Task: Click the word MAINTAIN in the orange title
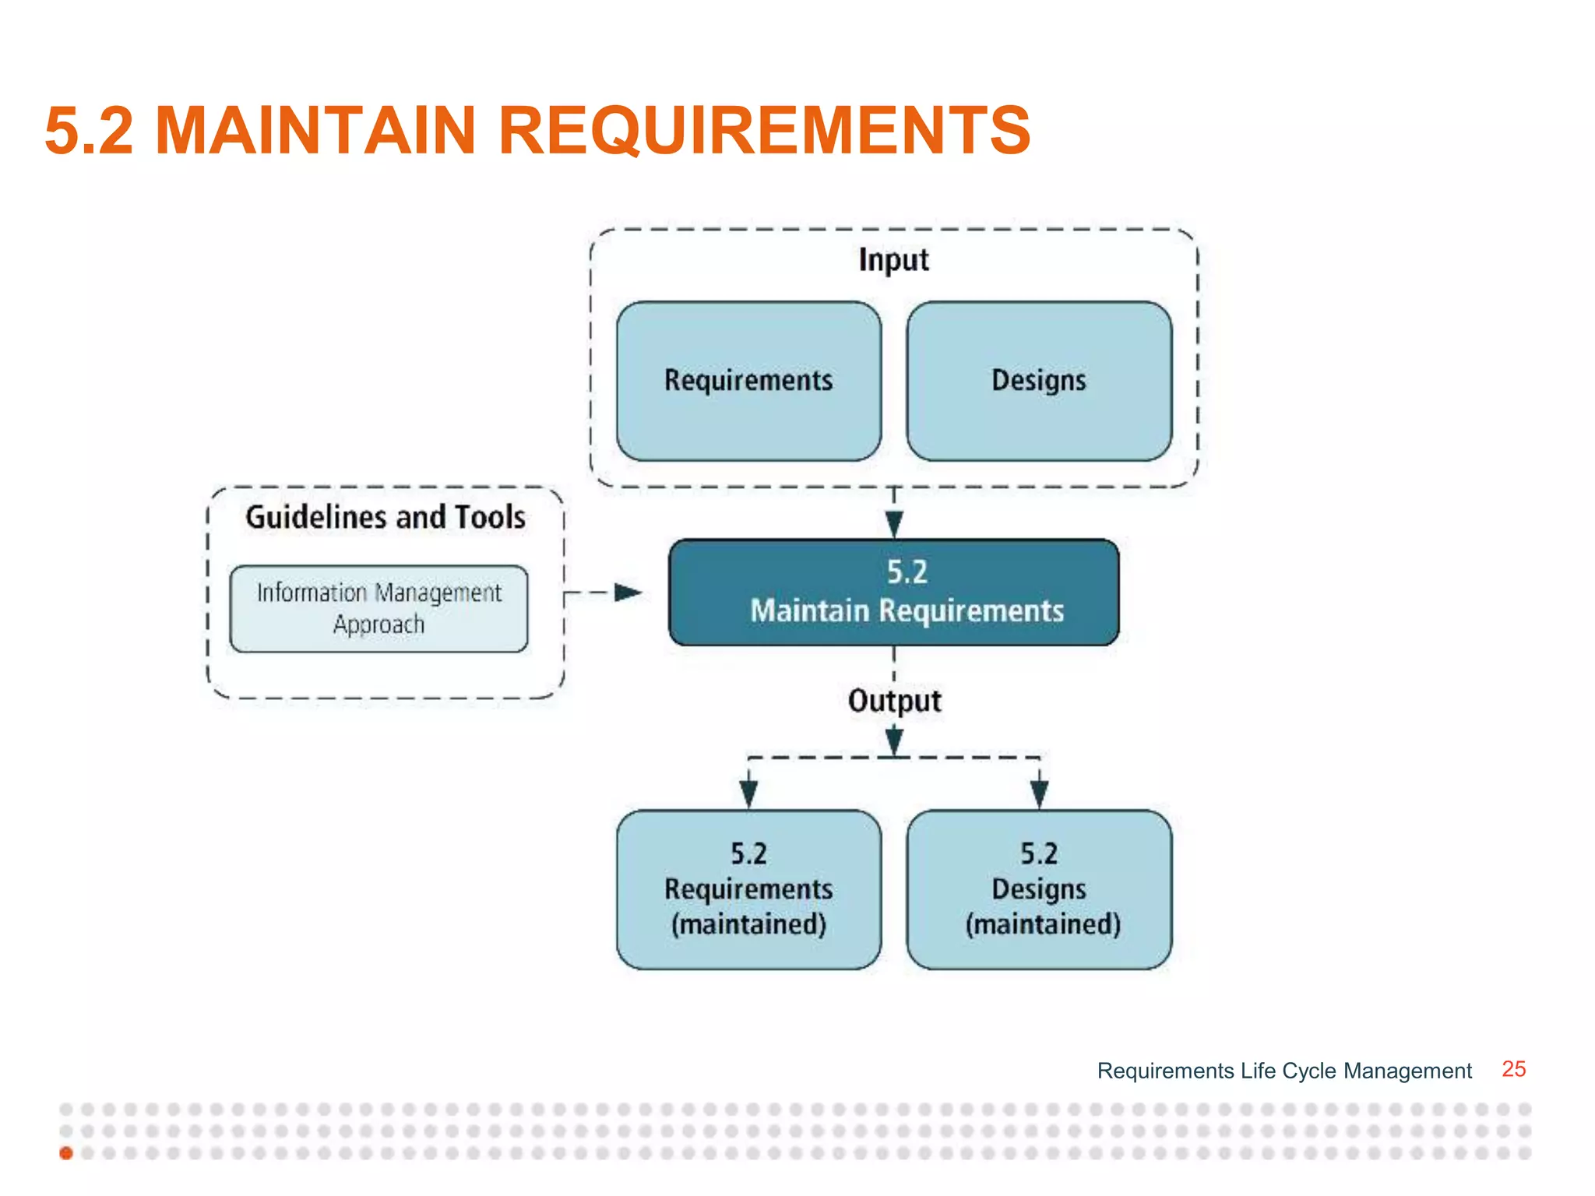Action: (x=315, y=130)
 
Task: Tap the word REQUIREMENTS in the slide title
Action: (x=764, y=130)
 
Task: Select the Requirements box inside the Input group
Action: (x=748, y=381)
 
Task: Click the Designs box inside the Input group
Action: (x=1039, y=381)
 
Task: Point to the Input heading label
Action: (x=893, y=260)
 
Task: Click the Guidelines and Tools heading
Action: (x=386, y=517)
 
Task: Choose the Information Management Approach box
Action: (x=379, y=608)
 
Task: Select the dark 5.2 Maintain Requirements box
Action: (x=893, y=592)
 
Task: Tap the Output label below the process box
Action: (x=894, y=701)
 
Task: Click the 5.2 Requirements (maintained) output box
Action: (x=748, y=889)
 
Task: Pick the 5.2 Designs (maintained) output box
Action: (x=1039, y=889)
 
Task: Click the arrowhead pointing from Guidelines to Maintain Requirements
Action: (x=628, y=593)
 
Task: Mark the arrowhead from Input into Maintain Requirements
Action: (x=894, y=524)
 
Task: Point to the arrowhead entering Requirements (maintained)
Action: (x=748, y=793)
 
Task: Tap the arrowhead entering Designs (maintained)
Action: (x=1039, y=793)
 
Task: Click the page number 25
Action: (x=1513, y=1069)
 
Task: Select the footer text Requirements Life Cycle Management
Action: (x=1284, y=1071)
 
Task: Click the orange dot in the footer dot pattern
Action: (x=66, y=1153)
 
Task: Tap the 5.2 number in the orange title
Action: (x=89, y=130)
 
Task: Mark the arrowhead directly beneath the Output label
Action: (x=894, y=740)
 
